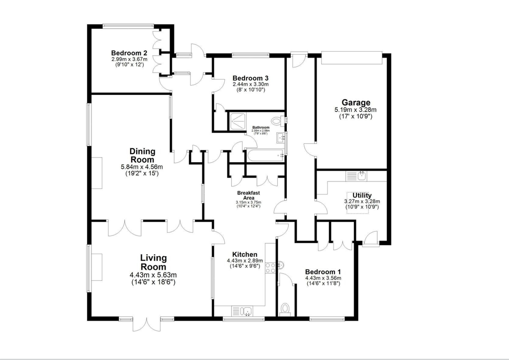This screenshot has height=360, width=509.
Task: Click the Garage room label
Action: point(355,103)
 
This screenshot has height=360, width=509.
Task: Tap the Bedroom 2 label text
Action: point(129,53)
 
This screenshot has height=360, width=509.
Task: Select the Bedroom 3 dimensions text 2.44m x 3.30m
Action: point(251,85)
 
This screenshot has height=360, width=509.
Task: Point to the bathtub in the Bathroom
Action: point(264,156)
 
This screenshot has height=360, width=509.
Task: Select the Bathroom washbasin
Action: point(282,138)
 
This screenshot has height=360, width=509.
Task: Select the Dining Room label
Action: point(142,155)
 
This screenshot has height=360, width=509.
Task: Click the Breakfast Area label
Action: point(249,195)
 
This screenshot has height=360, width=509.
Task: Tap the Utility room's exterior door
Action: point(370,239)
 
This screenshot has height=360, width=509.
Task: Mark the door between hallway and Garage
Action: point(310,149)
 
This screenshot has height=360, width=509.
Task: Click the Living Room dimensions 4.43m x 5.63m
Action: point(153,275)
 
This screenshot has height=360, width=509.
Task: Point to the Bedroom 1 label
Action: point(320,271)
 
